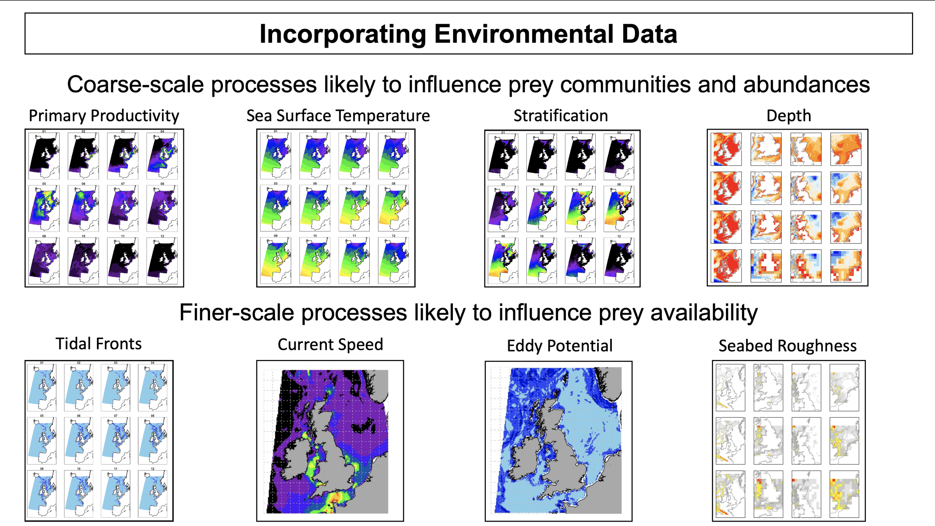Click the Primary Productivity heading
[104, 116]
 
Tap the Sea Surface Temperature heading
[338, 116]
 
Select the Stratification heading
[561, 116]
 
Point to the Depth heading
[789, 116]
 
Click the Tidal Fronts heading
[99, 344]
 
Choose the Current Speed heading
[330, 345]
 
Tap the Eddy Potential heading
[560, 346]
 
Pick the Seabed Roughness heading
[787, 346]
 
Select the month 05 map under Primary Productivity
[44, 208]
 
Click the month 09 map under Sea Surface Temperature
[275, 261]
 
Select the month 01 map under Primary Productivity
[44, 156]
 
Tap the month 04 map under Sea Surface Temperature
[393, 156]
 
